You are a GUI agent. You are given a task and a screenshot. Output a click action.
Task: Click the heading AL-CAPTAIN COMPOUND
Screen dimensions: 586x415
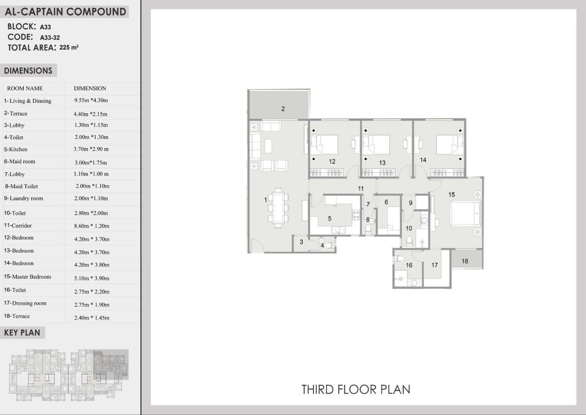[x=65, y=12]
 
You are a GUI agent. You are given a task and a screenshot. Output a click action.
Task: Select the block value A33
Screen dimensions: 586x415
[x=45, y=27]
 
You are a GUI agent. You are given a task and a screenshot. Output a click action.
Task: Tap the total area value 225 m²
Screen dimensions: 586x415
[x=69, y=47]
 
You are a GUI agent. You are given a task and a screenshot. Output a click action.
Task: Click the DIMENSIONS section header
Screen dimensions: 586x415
[x=28, y=71]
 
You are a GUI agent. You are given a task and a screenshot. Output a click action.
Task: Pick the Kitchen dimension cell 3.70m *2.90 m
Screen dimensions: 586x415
[x=91, y=149]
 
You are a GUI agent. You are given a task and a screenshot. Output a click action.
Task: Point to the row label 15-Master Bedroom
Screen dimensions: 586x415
[x=27, y=277]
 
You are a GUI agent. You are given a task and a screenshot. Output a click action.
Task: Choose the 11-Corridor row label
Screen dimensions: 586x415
[x=18, y=225]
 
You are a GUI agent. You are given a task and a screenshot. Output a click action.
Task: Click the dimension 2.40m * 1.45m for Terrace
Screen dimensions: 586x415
[x=92, y=317]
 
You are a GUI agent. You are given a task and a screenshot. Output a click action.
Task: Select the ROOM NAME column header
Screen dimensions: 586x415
[x=25, y=88]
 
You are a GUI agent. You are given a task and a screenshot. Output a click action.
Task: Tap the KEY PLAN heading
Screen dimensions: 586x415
[x=22, y=333]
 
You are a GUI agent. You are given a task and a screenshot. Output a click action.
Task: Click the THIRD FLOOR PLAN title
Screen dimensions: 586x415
[x=356, y=389]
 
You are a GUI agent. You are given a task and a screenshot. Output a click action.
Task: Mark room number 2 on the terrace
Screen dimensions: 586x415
[x=283, y=109]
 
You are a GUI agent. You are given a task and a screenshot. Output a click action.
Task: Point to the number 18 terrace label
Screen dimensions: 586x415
[x=465, y=261]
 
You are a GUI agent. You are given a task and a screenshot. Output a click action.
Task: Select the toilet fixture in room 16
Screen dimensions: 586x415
[x=399, y=259]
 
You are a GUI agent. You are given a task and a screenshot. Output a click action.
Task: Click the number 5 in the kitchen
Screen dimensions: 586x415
[x=330, y=218]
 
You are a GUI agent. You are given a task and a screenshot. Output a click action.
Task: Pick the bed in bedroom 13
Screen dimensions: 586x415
[x=376, y=144]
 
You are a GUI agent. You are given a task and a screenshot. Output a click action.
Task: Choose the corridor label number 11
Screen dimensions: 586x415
[x=361, y=188]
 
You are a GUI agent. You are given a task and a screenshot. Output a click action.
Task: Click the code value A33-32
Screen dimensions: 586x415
[x=50, y=38]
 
